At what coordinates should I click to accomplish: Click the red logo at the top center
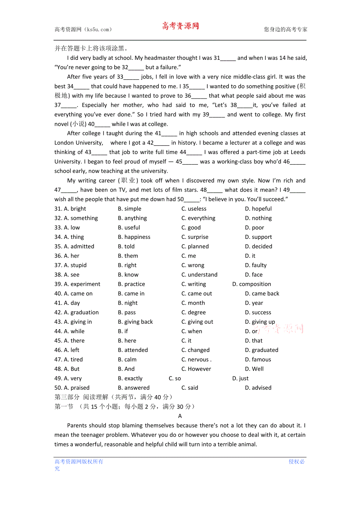click(x=180, y=26)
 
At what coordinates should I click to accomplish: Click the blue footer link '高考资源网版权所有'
click(x=79, y=462)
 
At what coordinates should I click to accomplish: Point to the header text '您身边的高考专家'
click(x=286, y=29)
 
